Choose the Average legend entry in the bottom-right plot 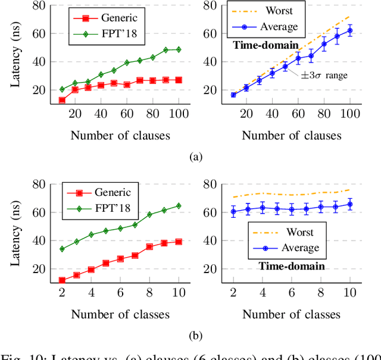coord(283,248)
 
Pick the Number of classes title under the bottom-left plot coord(120,314)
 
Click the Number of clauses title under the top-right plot coord(292,136)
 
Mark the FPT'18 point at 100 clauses coord(179,49)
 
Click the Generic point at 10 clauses coord(63,100)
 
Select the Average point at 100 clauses coord(350,30)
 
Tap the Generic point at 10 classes coord(62,280)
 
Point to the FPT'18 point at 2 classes coord(62,249)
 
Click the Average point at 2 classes coord(233,211)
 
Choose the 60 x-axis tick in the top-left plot coord(127,114)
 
